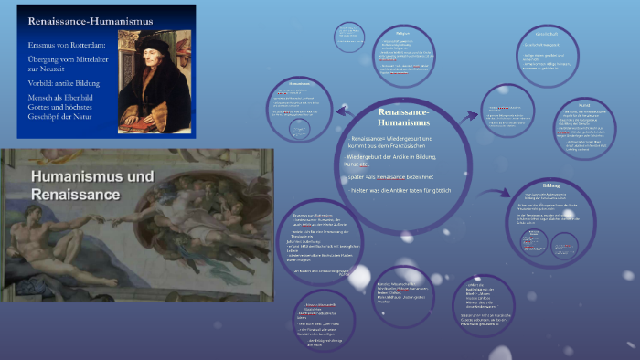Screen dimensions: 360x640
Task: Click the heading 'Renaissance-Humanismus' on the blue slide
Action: (79, 20)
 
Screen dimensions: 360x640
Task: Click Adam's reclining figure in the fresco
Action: (55, 247)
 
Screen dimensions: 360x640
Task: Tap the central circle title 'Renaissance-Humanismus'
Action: (410, 118)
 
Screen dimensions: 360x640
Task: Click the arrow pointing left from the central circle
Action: (340, 111)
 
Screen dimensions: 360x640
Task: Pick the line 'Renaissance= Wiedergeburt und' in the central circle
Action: (398, 138)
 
